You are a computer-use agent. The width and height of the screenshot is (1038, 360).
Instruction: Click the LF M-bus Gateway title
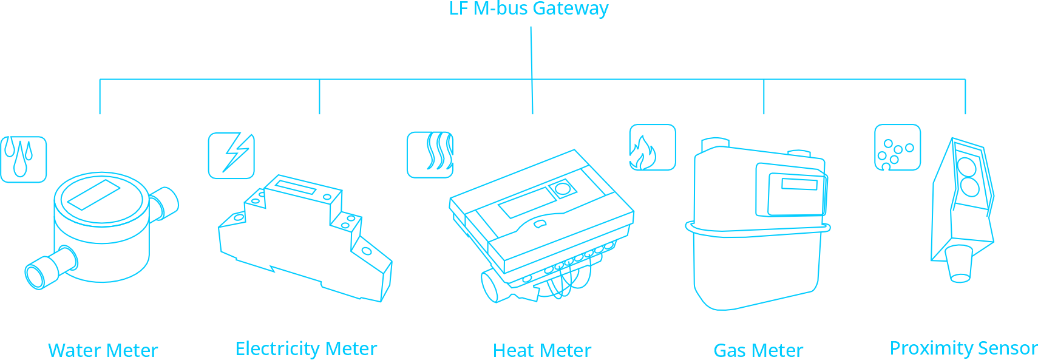(529, 9)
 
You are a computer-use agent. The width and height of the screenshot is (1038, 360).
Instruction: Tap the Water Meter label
(103, 350)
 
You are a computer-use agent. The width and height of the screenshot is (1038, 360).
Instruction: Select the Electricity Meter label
(306, 348)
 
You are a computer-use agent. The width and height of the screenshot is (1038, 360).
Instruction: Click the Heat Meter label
(541, 350)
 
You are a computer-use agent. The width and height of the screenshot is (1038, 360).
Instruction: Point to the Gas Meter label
(758, 350)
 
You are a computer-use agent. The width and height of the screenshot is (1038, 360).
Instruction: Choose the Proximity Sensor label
(963, 348)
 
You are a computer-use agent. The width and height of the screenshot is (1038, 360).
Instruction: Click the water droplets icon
(23, 159)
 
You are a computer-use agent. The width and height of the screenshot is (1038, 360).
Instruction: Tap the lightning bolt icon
(231, 156)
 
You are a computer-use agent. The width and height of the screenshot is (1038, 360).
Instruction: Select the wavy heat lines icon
(430, 155)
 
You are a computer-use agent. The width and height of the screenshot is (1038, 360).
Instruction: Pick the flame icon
(652, 148)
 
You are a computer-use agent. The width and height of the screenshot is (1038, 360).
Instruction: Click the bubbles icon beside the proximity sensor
(897, 148)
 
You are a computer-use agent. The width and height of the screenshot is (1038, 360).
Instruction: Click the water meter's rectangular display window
(93, 194)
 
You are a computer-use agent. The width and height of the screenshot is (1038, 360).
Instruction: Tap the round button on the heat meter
(563, 189)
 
